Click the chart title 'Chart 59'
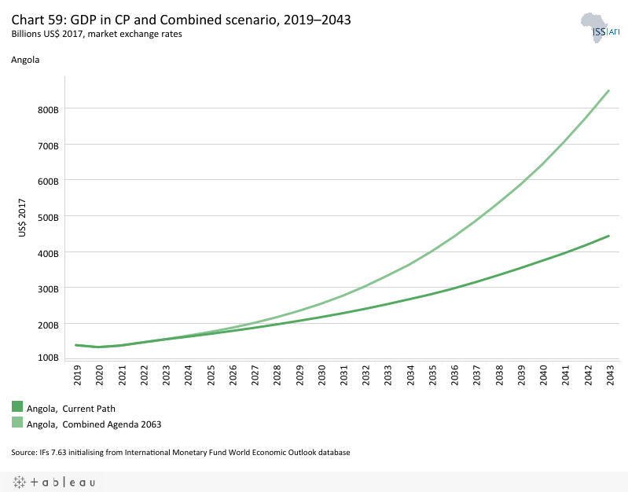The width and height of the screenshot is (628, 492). (181, 20)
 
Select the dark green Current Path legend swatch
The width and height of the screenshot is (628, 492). (17, 407)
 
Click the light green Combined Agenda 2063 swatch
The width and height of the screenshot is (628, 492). (17, 423)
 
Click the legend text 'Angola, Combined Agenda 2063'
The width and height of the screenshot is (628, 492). (94, 424)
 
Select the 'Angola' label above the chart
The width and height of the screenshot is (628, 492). (25, 59)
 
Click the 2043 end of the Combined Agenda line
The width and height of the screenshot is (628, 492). (609, 90)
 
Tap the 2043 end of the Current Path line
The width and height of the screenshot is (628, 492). (609, 236)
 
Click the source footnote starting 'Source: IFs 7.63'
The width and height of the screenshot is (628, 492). (180, 453)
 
